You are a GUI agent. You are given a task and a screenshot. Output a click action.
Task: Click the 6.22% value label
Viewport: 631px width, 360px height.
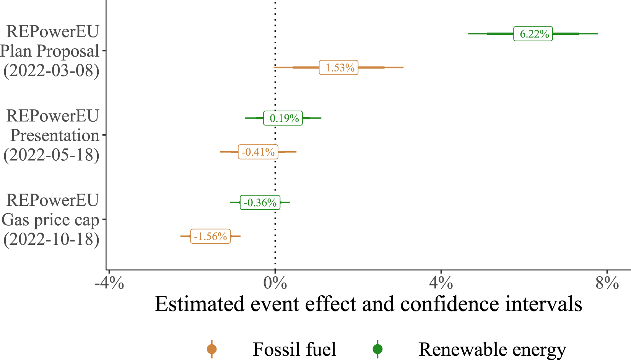coord(533,34)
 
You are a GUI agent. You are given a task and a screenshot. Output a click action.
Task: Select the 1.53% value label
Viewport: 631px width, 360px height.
coord(339,68)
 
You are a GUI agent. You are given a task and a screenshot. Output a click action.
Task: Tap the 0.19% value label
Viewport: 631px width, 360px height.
coord(283,118)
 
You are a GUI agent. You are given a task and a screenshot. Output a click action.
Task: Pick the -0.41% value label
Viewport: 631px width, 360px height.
coord(258,152)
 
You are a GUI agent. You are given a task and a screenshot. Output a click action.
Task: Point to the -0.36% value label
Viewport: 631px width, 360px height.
coord(260,202)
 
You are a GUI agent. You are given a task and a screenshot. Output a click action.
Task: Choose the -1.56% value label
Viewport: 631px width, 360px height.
coord(210,236)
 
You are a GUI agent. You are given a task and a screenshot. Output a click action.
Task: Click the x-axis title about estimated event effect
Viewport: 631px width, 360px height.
coord(368,305)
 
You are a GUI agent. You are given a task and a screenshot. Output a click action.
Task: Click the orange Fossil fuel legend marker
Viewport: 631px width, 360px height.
coord(211,349)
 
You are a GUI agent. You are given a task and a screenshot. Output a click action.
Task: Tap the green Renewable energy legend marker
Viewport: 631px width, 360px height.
coord(377,349)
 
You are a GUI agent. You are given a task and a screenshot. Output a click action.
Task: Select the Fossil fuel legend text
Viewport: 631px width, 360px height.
coord(294,349)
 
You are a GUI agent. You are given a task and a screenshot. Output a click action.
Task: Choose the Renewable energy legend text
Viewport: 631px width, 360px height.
coord(492,349)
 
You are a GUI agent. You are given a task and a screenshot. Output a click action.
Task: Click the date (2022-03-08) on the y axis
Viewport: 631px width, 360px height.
coord(51,71)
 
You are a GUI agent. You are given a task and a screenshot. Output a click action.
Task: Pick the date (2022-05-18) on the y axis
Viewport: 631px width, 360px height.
coord(51,155)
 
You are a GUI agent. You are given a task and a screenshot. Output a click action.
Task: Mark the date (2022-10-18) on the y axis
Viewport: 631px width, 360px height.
coord(51,239)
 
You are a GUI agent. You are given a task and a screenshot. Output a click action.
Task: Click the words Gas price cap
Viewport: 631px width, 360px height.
coord(50,220)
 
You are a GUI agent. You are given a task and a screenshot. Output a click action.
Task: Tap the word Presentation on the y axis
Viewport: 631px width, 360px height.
coord(55,135)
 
